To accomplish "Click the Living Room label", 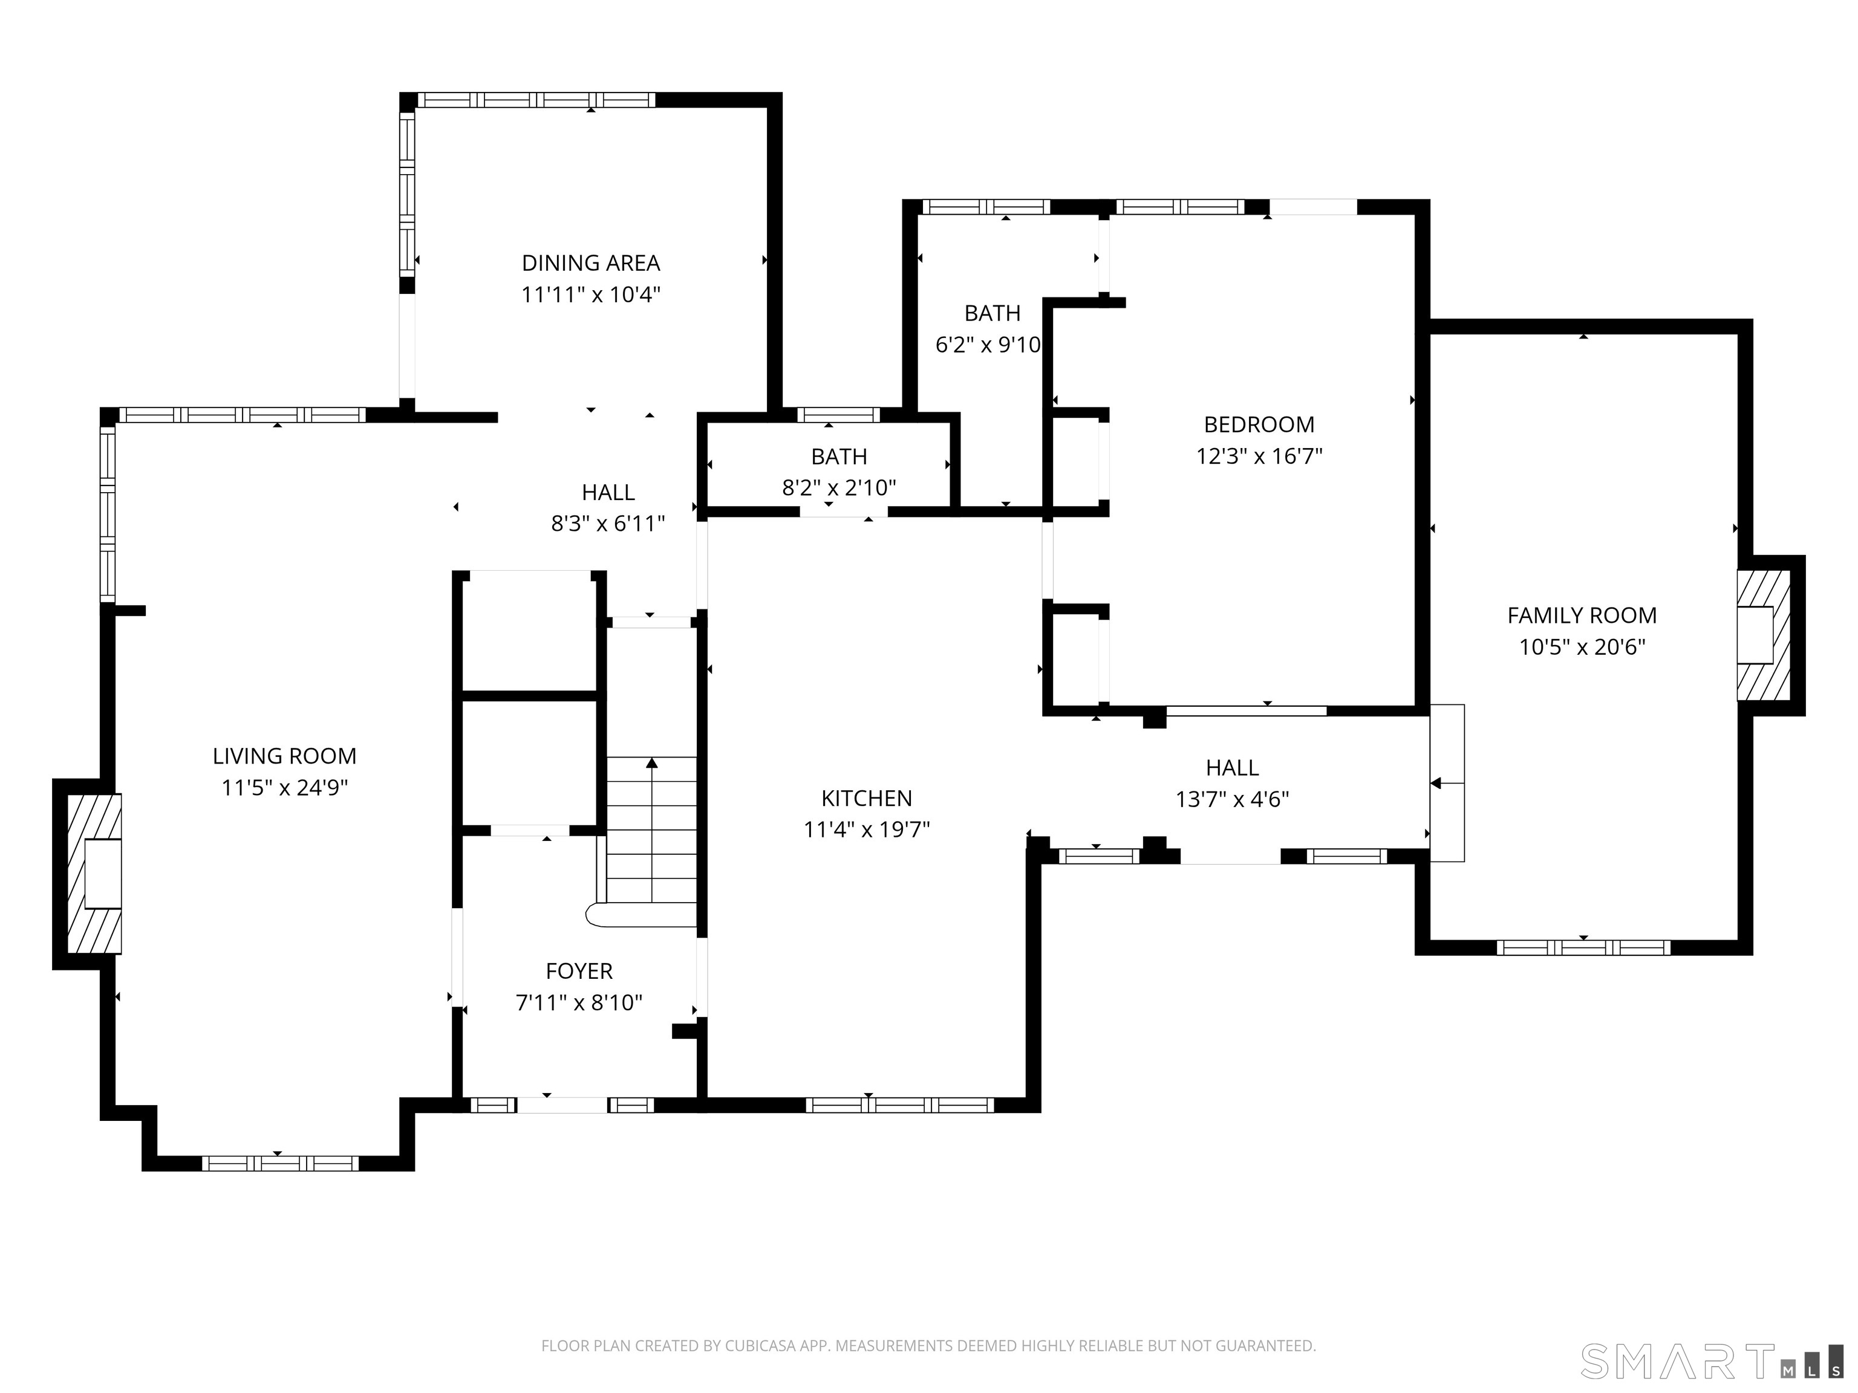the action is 285,756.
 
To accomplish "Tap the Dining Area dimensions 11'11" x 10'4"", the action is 592,294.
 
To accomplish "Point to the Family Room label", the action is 1582,615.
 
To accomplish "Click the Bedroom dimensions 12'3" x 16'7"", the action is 1259,456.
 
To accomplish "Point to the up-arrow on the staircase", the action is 652,762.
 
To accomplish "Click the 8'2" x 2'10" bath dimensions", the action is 839,488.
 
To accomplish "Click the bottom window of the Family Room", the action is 1583,947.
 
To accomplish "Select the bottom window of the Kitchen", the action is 899,1105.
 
